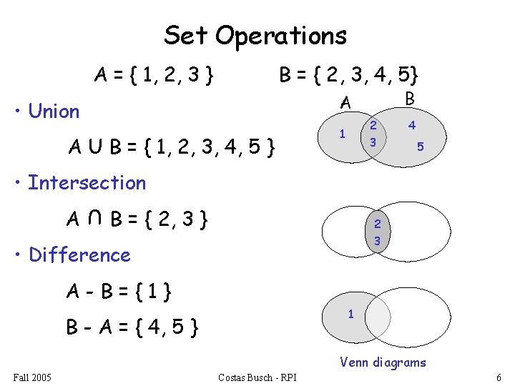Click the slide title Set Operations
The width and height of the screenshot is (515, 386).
point(255,35)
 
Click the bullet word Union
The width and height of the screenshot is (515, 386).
point(54,112)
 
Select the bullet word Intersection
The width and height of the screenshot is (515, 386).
point(87,183)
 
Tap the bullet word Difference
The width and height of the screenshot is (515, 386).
point(79,255)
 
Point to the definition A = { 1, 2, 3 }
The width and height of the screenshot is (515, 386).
point(155,74)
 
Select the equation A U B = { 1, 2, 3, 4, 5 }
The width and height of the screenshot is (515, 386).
point(172,149)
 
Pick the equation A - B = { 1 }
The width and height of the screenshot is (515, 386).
point(122,292)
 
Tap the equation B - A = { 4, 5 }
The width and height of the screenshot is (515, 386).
point(132,328)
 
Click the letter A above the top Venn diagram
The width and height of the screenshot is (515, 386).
point(345,104)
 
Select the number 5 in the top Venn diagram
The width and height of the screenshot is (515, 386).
point(421,147)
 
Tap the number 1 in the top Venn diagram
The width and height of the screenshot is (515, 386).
point(343,134)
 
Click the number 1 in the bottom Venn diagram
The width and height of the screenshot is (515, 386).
point(350,314)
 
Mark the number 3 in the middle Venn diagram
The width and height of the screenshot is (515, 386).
point(377,242)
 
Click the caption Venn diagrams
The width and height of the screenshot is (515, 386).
point(383,362)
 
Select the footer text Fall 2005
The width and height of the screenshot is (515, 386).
point(32,377)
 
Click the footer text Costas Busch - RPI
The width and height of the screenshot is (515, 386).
point(257,377)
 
